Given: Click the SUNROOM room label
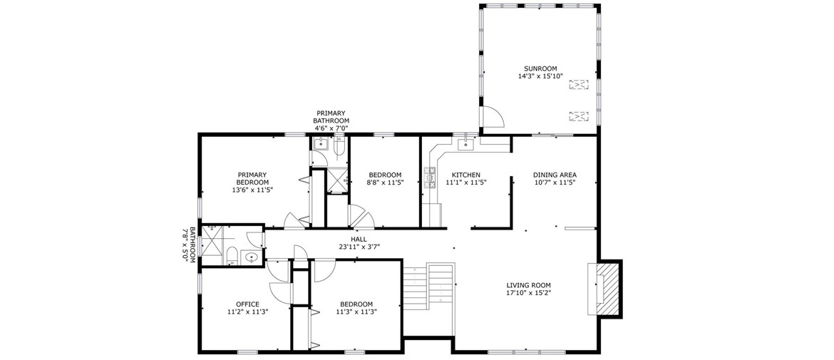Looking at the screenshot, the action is point(540,68).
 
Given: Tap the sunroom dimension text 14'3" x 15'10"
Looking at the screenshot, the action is point(540,76).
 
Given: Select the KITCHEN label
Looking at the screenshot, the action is point(466,175).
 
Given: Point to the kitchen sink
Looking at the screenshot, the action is point(466,143).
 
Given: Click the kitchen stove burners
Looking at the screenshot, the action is point(429,178).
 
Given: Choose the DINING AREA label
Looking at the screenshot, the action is point(555,175).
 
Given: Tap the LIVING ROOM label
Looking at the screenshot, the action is point(528,285).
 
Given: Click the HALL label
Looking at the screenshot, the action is point(359,240).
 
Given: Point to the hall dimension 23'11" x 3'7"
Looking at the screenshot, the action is point(359,247).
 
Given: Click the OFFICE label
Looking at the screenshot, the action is point(247,304).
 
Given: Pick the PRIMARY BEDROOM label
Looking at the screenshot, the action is point(252,178).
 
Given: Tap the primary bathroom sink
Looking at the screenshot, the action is point(321,144).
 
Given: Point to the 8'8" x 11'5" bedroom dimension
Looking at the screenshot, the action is point(385,182).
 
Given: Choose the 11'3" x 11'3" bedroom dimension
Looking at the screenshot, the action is point(356,312).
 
